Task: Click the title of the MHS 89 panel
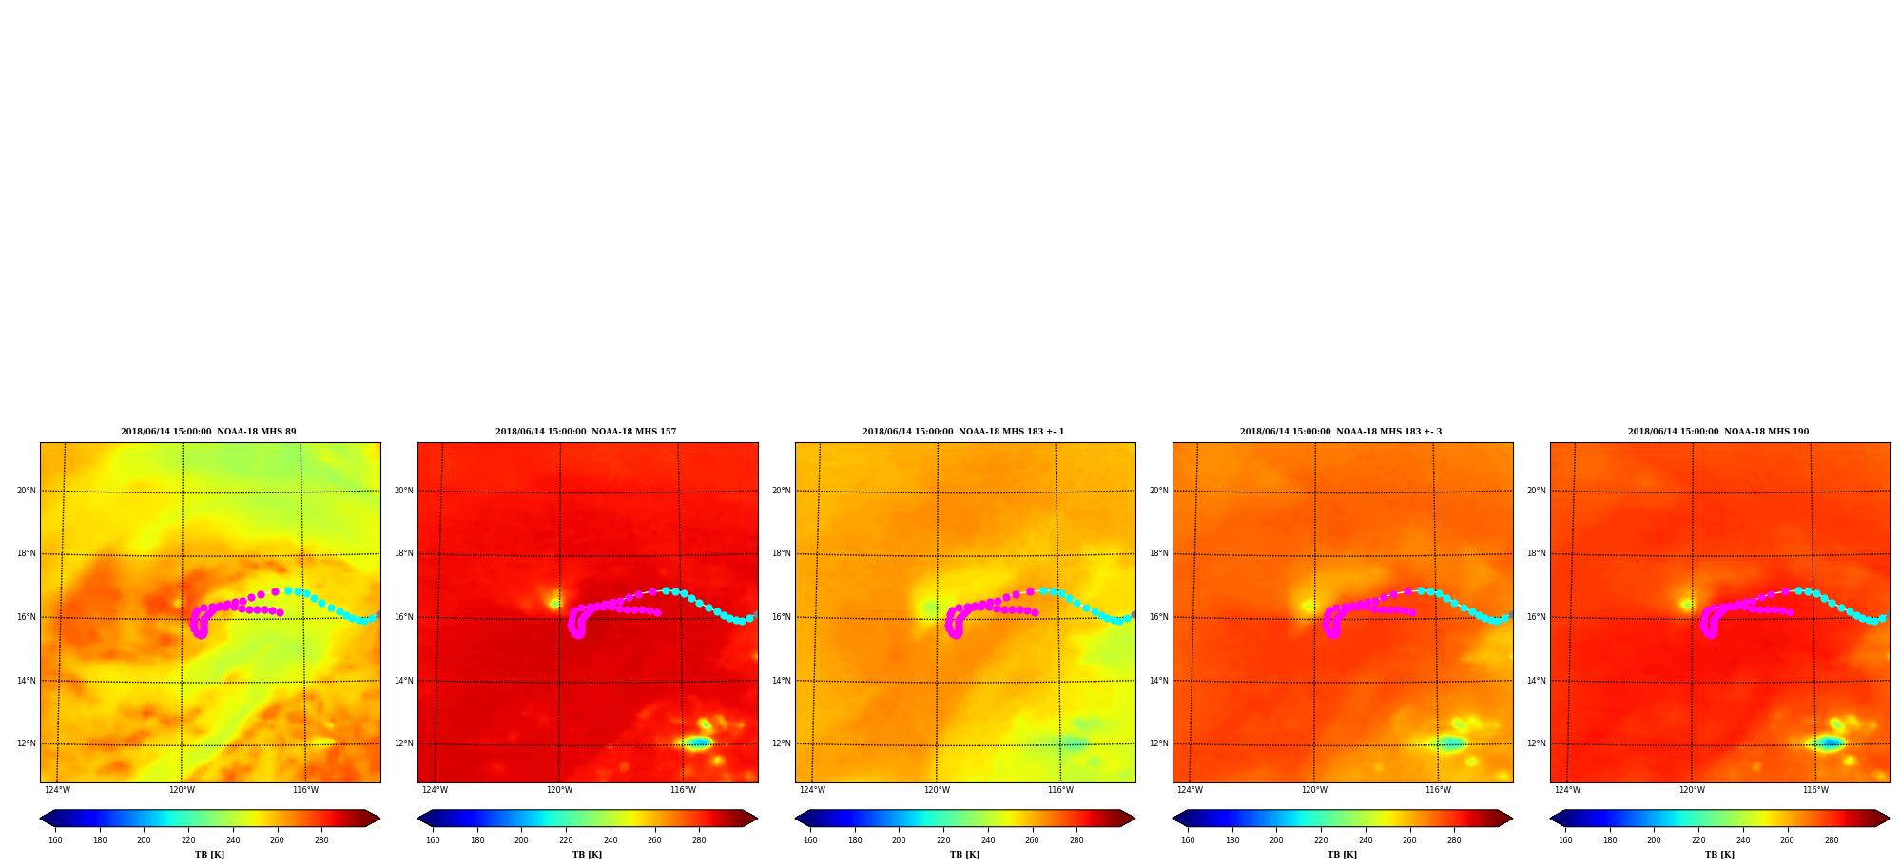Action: (x=208, y=432)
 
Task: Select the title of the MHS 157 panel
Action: (x=586, y=432)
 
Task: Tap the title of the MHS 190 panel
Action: (x=1718, y=432)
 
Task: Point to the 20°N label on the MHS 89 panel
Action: (x=27, y=491)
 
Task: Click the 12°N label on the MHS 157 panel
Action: (x=404, y=743)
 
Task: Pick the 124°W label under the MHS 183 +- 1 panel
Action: (x=812, y=790)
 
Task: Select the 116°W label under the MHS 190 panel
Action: (x=1815, y=790)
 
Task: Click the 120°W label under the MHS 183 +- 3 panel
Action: (x=1314, y=790)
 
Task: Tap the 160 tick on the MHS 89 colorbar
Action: (x=55, y=840)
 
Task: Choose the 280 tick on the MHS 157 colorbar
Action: (x=699, y=840)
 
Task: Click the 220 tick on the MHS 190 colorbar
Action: (x=1698, y=840)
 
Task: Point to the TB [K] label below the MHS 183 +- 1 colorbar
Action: (x=964, y=855)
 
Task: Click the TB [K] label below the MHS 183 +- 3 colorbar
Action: (x=1342, y=855)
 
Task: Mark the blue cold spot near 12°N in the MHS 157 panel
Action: (x=698, y=743)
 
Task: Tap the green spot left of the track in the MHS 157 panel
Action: (x=553, y=603)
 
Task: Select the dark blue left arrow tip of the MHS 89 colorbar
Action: (x=41, y=819)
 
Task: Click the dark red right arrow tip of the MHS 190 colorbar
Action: (x=1889, y=819)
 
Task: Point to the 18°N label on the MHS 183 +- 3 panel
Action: (x=1159, y=553)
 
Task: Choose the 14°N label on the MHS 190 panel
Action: (x=1537, y=681)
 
